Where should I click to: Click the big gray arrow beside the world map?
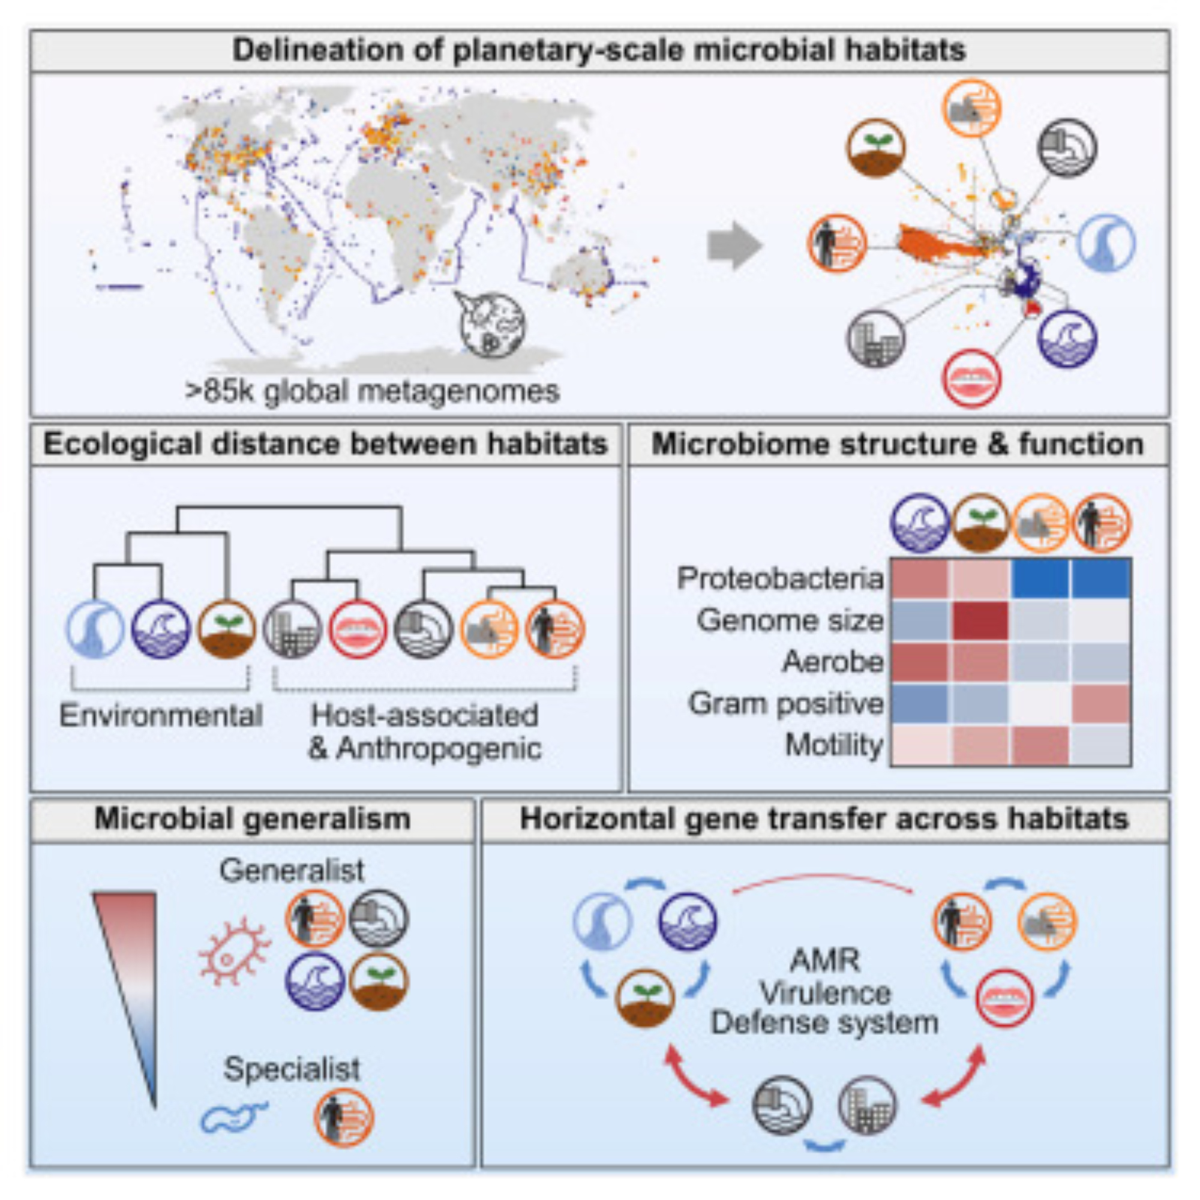point(734,246)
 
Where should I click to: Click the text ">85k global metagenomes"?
point(372,391)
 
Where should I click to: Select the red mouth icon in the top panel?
point(971,377)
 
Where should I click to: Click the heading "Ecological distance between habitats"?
point(325,445)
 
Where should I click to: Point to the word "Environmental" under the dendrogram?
point(161,716)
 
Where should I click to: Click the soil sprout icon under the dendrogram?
point(227,629)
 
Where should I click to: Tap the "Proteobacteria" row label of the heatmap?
point(780,579)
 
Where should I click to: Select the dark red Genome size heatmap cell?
point(980,620)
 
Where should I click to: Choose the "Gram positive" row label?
point(786,704)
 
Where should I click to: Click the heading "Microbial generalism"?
point(252,819)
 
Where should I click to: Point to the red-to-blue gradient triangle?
point(132,969)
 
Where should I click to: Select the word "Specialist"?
point(292,1069)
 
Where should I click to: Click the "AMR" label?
point(825,961)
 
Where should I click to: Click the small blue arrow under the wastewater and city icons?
point(825,1145)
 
